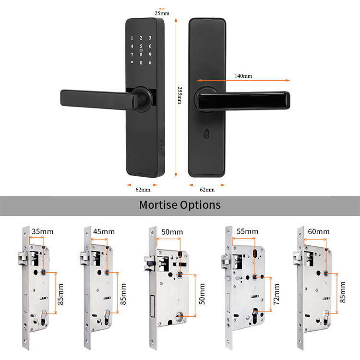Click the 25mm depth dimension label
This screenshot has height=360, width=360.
[162, 13]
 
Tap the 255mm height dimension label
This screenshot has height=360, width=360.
[180, 96]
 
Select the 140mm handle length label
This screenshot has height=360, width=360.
[243, 76]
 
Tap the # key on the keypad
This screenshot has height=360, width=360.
[150, 62]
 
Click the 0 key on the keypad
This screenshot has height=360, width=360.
[141, 63]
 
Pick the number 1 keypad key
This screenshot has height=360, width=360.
[132, 38]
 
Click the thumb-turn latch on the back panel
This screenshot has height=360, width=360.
[206, 133]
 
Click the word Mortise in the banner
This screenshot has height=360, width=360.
[158, 205]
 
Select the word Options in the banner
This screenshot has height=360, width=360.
[200, 205]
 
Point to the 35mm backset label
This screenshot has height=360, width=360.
[42, 231]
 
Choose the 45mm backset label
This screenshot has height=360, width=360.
[104, 232]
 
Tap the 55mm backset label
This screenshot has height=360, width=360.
[247, 231]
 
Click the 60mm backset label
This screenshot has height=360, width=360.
[318, 232]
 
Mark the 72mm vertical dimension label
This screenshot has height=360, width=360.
[276, 294]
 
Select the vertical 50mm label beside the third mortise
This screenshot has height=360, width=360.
[202, 294]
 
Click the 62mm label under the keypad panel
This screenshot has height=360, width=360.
[143, 190]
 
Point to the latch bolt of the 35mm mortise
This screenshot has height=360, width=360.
[22, 258]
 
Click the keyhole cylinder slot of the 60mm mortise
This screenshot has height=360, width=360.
[326, 318]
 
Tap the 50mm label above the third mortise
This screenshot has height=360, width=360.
[172, 232]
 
